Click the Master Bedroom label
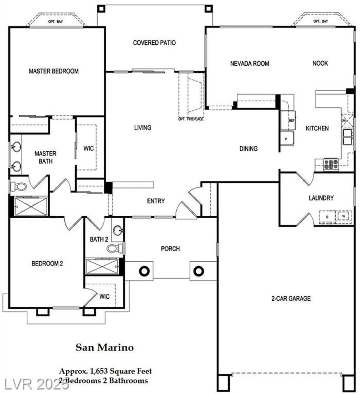point(54,71)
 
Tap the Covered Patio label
point(154,43)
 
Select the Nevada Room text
point(250,64)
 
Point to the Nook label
point(320,63)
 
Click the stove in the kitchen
point(331,164)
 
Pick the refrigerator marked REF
point(288,120)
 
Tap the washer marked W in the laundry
point(343,216)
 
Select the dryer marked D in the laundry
point(327,217)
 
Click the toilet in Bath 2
point(113,248)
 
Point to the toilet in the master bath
point(19,187)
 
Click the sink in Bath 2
point(118,231)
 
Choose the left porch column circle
point(144,271)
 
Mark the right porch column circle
point(199,271)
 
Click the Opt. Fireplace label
point(191,119)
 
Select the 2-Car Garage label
point(291,298)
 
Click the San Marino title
point(105,348)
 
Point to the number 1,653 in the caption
point(99,371)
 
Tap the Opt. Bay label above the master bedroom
point(55,22)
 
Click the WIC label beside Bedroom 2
point(104,297)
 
